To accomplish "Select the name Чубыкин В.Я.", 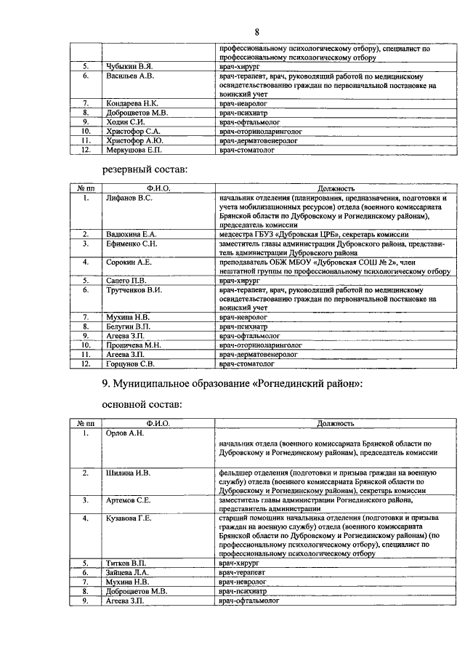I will (127, 66).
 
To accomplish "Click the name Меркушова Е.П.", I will (134, 151).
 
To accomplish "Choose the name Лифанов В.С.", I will (129, 198).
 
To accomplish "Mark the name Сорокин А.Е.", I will (129, 262).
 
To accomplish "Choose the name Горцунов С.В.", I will (131, 364).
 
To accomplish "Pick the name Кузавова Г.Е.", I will (129, 518).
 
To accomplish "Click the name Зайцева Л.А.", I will (128, 574).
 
